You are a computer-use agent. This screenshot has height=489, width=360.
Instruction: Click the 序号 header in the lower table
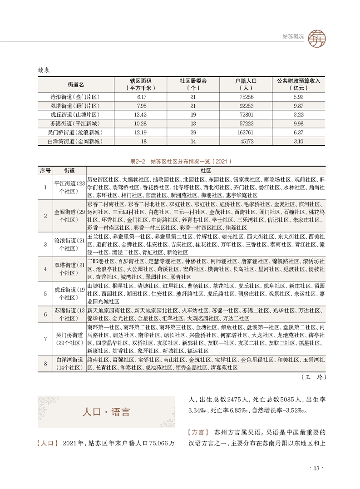(45, 170)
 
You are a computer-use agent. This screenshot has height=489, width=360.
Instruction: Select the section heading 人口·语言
(106, 412)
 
